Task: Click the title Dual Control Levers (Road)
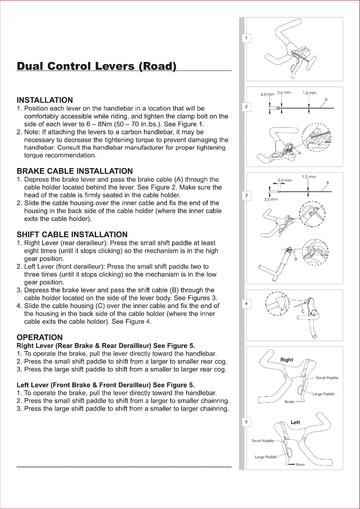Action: coord(96,66)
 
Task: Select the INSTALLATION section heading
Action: coord(45,100)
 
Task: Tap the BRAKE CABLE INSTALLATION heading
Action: coord(75,171)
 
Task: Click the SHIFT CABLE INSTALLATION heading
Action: coord(72,235)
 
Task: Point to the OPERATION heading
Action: coord(40,337)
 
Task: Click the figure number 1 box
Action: coord(246,38)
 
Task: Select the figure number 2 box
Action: coord(246,107)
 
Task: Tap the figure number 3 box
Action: coord(246,195)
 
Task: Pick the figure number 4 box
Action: coord(246,304)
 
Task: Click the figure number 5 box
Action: coord(246,422)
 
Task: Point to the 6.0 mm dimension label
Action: coord(267,94)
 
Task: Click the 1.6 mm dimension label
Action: coord(309,93)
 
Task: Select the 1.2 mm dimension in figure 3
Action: coord(309,177)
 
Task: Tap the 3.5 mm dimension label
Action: coord(271,199)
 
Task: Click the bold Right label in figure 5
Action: coord(287,360)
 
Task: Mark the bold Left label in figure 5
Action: coord(295,422)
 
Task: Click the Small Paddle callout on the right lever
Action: coord(327,378)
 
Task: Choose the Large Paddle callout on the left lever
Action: coord(266,457)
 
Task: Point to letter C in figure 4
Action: coord(303,311)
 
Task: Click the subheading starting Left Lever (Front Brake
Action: coord(105,385)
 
